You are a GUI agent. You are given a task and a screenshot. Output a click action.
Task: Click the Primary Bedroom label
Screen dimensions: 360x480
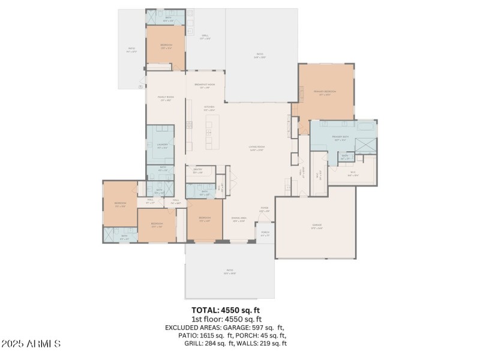[x=325, y=92]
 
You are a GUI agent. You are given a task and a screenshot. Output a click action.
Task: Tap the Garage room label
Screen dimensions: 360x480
[x=317, y=226]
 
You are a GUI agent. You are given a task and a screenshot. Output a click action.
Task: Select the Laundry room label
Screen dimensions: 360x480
[x=162, y=145]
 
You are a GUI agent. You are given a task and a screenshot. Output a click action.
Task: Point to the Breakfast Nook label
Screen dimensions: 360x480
[x=205, y=85]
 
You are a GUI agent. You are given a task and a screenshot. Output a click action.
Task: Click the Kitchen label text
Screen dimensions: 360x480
[x=209, y=107]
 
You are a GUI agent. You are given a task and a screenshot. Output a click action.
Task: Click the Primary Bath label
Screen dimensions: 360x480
[x=340, y=137]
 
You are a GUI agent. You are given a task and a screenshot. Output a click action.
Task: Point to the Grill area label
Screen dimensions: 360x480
[x=205, y=36]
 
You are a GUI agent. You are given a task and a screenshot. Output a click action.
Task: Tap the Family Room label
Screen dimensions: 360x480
[x=166, y=97]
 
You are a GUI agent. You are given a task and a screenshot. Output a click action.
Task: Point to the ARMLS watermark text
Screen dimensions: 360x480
[x=31, y=344]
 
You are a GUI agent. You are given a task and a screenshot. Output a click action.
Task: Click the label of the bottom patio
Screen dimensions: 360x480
[x=229, y=272]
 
